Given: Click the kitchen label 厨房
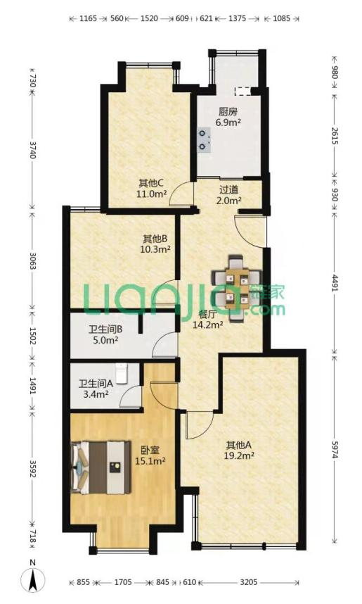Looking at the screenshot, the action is coord(228,112).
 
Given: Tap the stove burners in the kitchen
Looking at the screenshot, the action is coord(205,140).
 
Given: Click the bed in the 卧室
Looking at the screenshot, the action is coord(101,467).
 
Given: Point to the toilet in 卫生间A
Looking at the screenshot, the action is coord(121,373).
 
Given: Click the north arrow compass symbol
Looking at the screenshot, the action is coord(34,580).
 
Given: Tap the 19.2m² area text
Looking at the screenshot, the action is coord(238,455).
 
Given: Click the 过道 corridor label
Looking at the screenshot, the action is coord(229,190).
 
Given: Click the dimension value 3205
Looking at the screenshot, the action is coord(249,582).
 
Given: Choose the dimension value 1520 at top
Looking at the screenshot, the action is coord(149,18).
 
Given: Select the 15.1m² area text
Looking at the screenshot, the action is coord(150,460).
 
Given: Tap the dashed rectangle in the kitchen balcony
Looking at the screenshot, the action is coord(243,91).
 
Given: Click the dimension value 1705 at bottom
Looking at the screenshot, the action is coord(123,582).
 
